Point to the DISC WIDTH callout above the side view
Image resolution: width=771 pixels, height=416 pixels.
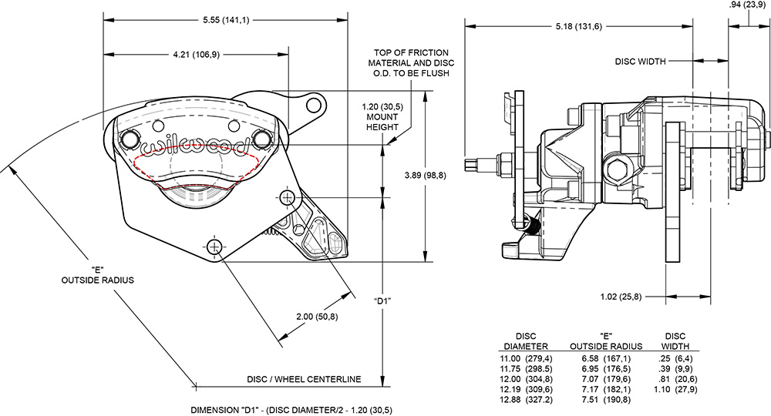pos(640,61)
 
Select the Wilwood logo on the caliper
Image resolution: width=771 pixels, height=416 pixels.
pos(197,143)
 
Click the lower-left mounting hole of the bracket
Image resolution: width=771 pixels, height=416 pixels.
pos(214,247)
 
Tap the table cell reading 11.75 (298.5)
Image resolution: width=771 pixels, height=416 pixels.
pos(526,368)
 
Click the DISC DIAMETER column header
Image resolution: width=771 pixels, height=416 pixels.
pos(526,341)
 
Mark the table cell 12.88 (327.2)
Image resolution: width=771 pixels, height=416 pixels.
pos(526,399)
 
